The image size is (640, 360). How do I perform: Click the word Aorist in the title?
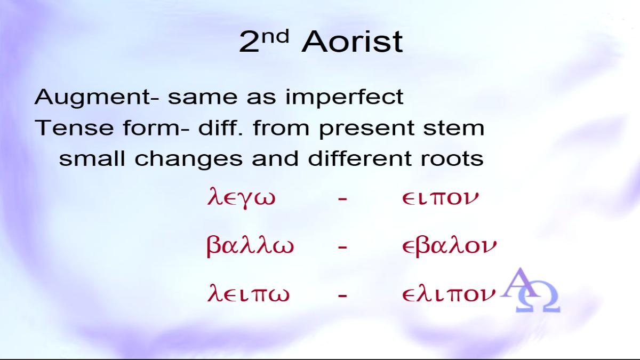[x=352, y=42]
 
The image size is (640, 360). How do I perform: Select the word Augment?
[x=91, y=98]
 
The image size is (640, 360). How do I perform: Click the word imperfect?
[x=345, y=97]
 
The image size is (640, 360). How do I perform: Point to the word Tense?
[x=74, y=128]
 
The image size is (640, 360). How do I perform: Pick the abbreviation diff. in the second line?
[x=221, y=127]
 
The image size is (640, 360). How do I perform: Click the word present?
[x=366, y=129]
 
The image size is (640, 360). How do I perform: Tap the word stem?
[x=454, y=128]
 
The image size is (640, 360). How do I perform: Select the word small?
[x=92, y=158]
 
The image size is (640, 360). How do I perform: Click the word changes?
[x=189, y=159]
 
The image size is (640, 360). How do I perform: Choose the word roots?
[x=452, y=158]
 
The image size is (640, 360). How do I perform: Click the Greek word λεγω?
[x=241, y=198]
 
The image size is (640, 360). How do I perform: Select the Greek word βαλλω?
[x=250, y=246]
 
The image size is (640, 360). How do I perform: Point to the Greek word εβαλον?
[x=450, y=246]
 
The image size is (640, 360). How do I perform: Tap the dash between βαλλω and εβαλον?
[x=342, y=246]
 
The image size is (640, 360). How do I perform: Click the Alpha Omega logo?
[x=530, y=290]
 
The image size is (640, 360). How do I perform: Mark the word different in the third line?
[x=360, y=158]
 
